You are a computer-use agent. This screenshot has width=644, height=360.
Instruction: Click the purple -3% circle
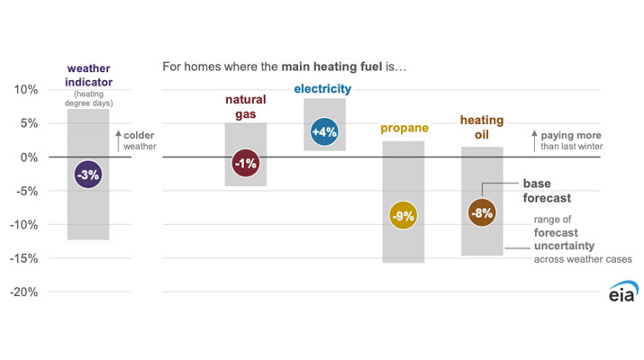tap(87, 175)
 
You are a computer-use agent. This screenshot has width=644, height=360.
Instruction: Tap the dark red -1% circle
tap(245, 164)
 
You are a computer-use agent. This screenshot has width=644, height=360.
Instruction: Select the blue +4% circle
tap(324, 131)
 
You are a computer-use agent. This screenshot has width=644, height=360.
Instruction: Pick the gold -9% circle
tap(403, 216)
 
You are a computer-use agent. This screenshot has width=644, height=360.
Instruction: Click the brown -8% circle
tap(482, 213)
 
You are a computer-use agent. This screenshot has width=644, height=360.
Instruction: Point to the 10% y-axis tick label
tap(25, 90)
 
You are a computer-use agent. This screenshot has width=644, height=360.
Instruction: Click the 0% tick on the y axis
tap(29, 157)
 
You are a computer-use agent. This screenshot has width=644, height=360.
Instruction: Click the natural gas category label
tap(245, 109)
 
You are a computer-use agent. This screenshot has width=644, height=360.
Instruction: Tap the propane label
tap(404, 128)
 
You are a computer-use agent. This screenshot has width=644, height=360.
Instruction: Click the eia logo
tap(621, 293)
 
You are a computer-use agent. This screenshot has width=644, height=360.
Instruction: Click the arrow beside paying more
tap(535, 140)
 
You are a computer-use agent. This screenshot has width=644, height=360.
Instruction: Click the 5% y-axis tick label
tap(29, 124)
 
